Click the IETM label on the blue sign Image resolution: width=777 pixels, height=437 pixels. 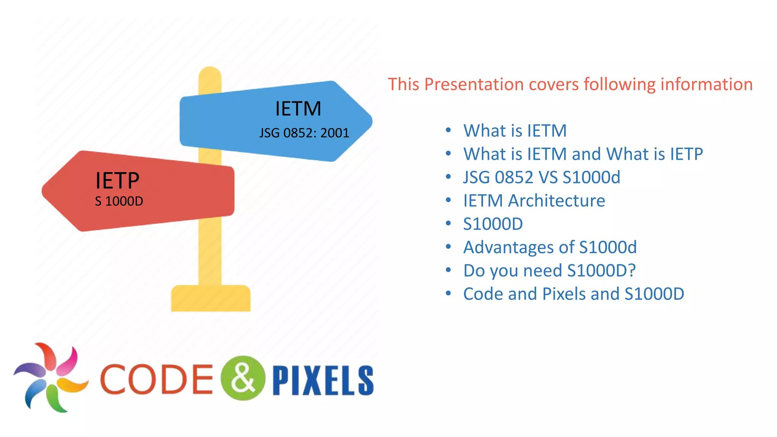[298, 109]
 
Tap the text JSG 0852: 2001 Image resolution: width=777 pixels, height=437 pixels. [304, 133]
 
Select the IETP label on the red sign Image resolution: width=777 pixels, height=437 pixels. [117, 181]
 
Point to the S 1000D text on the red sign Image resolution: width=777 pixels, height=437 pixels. [119, 201]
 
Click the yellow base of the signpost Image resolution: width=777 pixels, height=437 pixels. [211, 299]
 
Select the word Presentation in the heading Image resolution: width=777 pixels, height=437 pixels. [474, 84]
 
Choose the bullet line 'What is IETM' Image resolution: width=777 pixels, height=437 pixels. [515, 131]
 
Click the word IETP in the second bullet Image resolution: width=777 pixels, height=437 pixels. [686, 154]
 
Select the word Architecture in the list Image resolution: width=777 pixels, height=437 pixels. [557, 201]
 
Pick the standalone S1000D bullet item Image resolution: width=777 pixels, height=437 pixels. [493, 224]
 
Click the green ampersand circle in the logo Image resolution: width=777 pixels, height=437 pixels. [243, 378]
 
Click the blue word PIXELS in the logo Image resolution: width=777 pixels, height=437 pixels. [323, 380]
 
